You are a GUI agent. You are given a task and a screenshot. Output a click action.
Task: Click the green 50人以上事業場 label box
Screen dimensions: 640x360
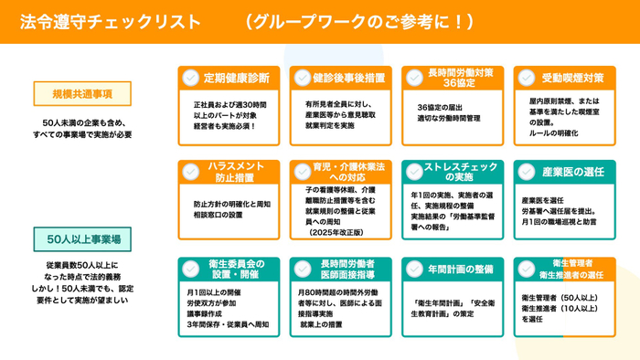click(74, 240)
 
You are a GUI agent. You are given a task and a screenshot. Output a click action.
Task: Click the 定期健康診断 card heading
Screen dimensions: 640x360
click(237, 78)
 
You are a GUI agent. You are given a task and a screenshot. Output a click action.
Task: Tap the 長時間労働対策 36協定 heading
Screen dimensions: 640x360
click(461, 78)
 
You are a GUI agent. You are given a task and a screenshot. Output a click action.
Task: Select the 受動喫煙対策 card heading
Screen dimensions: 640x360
click(572, 78)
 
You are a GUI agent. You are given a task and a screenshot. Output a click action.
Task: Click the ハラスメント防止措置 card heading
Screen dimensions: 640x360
click(237, 172)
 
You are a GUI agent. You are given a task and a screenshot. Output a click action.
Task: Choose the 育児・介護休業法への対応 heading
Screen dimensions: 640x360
click(348, 172)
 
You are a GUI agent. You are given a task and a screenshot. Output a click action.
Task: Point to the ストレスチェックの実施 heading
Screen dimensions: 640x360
click(461, 172)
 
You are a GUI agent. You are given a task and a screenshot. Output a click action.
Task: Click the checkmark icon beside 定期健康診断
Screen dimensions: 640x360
click(190, 78)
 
